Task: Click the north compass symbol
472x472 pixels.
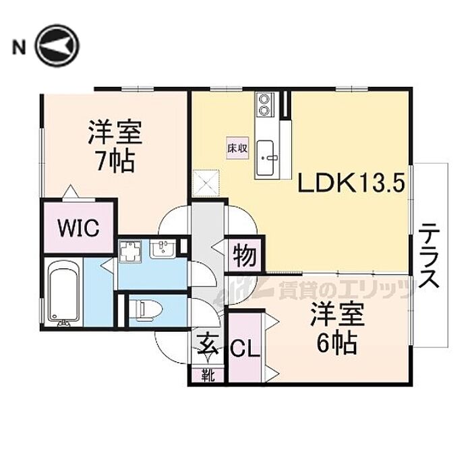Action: (x=57, y=46)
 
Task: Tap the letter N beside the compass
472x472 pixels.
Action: (x=18, y=47)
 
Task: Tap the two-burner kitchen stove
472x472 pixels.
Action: (x=264, y=104)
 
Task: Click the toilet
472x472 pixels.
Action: (x=146, y=309)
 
